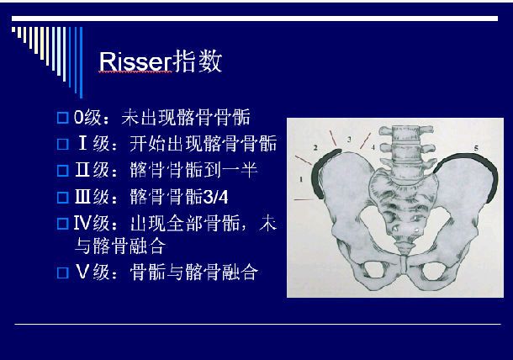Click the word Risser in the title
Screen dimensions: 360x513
click(x=135, y=62)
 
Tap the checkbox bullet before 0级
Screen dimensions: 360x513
click(x=61, y=117)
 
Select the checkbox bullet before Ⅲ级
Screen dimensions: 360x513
click(x=61, y=198)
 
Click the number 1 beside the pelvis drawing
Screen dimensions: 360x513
click(x=300, y=179)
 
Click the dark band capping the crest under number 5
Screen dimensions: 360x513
click(x=471, y=160)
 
